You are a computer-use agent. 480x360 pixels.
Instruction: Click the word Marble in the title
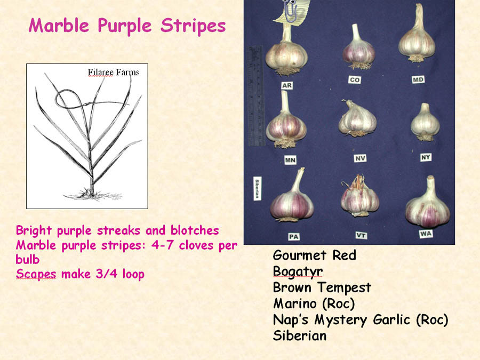tap(59, 26)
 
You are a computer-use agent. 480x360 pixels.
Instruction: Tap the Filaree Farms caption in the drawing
tap(114, 72)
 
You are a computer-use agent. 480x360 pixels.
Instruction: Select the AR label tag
tap(287, 85)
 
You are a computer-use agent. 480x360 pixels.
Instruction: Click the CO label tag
tap(355, 80)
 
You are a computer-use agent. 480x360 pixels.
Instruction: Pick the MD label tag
tap(418, 80)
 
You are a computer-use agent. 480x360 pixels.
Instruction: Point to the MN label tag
tap(290, 160)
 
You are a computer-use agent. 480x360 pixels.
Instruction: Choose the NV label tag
tap(360, 158)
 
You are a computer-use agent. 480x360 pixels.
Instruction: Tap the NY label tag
tap(426, 157)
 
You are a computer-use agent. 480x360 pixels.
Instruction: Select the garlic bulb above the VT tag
tap(359, 196)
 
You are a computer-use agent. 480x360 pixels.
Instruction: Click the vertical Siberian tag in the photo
tap(258, 189)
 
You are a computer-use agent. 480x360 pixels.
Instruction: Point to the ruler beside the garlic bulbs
tap(255, 96)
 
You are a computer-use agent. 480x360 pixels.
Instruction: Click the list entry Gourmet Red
tap(314, 255)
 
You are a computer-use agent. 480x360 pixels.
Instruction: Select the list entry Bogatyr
tap(298, 272)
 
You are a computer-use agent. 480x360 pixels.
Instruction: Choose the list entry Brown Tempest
tap(322, 288)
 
